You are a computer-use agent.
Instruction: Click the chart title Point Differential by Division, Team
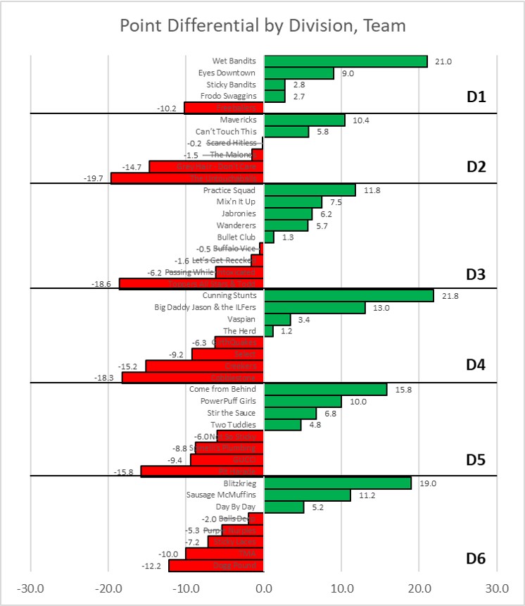point(262,26)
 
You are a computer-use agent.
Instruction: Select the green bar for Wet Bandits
point(346,61)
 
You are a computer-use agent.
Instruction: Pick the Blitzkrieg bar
point(338,483)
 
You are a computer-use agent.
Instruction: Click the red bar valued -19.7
point(187,178)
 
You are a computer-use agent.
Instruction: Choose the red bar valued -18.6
point(191,283)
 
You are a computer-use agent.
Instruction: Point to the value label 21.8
point(449,296)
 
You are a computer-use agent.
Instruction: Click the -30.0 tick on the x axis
point(30,587)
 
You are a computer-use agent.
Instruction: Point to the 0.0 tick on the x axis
point(264,587)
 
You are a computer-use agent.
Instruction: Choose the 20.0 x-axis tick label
point(419,587)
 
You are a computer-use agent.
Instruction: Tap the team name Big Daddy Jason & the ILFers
point(205,308)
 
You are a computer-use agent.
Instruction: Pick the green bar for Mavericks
point(304,120)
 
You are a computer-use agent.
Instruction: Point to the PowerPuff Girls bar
point(303,402)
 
